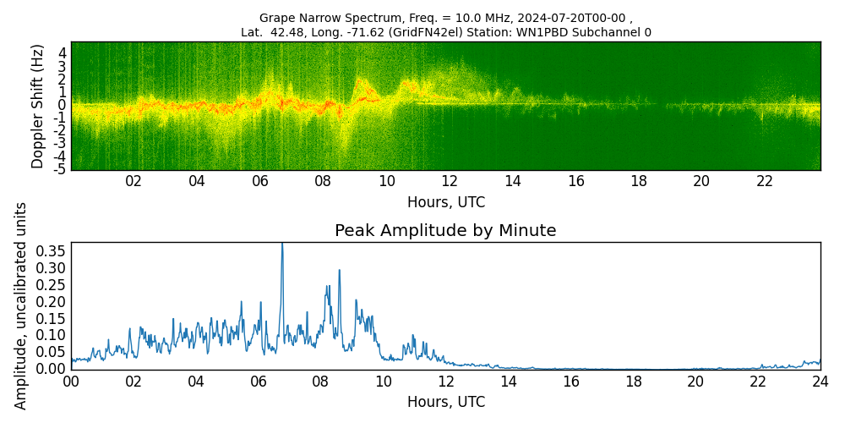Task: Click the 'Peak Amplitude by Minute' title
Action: (x=445, y=231)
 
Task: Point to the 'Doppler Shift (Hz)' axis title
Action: (x=37, y=106)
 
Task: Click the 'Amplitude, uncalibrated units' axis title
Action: (x=21, y=305)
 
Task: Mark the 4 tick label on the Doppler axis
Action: (x=62, y=52)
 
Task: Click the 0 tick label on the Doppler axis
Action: (x=62, y=105)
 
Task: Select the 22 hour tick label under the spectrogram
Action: (x=765, y=181)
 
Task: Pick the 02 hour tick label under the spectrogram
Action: (x=134, y=181)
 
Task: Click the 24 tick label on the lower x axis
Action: (x=820, y=382)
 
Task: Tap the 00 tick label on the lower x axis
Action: (x=71, y=382)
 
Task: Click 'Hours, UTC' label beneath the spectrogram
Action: (x=445, y=203)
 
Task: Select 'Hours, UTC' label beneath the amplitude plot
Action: (x=445, y=403)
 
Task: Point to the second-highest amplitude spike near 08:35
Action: (x=340, y=271)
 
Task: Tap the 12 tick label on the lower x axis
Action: (x=446, y=382)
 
